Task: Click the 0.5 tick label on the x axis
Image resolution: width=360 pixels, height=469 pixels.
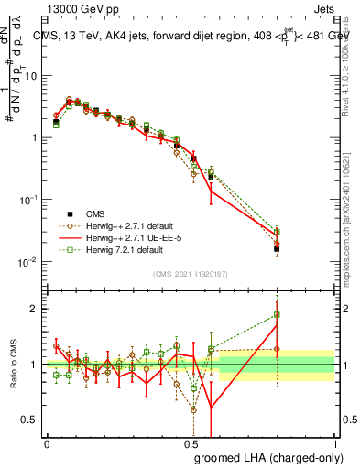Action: (x=191, y=442)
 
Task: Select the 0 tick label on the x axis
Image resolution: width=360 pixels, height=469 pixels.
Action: (x=47, y=442)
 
